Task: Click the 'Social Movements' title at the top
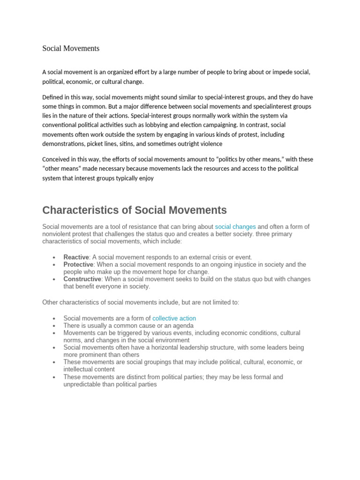tap(71, 48)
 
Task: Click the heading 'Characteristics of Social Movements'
tap(135, 210)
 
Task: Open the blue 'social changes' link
tap(235, 227)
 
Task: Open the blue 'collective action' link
tap(174, 318)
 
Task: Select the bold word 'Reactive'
tap(76, 257)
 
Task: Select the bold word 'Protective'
tap(78, 265)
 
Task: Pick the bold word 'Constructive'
tap(82, 279)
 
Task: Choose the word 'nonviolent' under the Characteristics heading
tap(58, 234)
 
